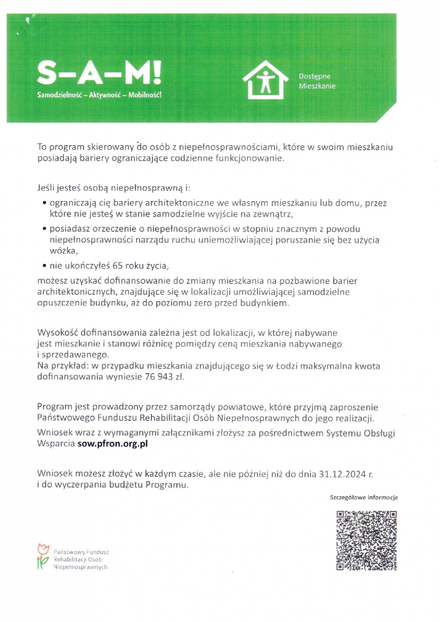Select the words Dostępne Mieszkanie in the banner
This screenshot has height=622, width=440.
317,81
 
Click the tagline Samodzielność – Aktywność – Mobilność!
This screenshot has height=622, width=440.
99,96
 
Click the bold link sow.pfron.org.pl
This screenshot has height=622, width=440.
113,444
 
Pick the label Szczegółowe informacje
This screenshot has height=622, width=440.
364,498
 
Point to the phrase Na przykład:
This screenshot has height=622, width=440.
59,366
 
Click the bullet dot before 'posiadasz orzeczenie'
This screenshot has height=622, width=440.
45,229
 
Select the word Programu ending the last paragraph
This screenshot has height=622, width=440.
166,486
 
